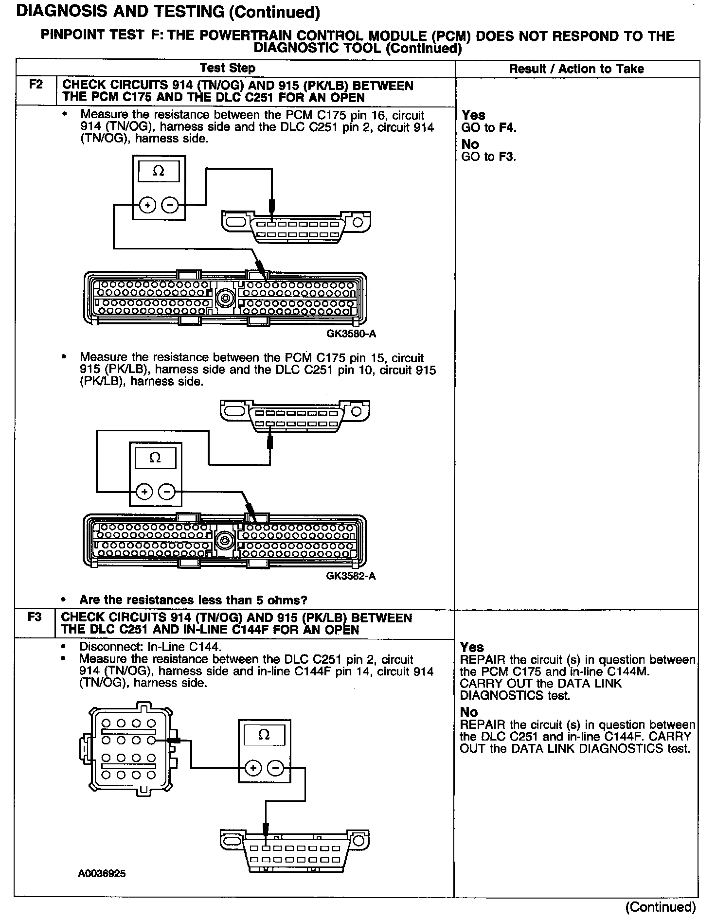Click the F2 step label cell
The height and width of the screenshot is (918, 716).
pos(36,85)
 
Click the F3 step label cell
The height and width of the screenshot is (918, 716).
pos(35,617)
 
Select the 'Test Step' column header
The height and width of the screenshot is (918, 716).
pos(228,68)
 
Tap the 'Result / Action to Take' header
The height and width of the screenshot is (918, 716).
pos(576,69)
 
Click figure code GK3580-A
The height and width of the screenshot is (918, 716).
pos(351,334)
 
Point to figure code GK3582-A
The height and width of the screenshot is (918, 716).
pos(351,576)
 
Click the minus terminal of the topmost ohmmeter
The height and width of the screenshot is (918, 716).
pos(170,206)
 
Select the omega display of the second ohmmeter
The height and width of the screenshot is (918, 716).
pos(155,458)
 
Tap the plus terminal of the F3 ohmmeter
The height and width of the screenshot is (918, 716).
pos(253,768)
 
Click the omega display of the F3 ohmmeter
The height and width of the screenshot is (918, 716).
pos(264,735)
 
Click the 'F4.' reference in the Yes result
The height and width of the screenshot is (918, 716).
pos(508,128)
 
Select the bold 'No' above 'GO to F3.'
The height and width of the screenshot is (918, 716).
pos(470,144)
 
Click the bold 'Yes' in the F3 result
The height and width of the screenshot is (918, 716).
pos(472,647)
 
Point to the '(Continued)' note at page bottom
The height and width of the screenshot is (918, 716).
pos(661,907)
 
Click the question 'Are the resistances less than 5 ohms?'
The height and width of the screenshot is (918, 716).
pos(193,600)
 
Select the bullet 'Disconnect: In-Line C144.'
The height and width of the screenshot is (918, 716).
pos(150,647)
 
